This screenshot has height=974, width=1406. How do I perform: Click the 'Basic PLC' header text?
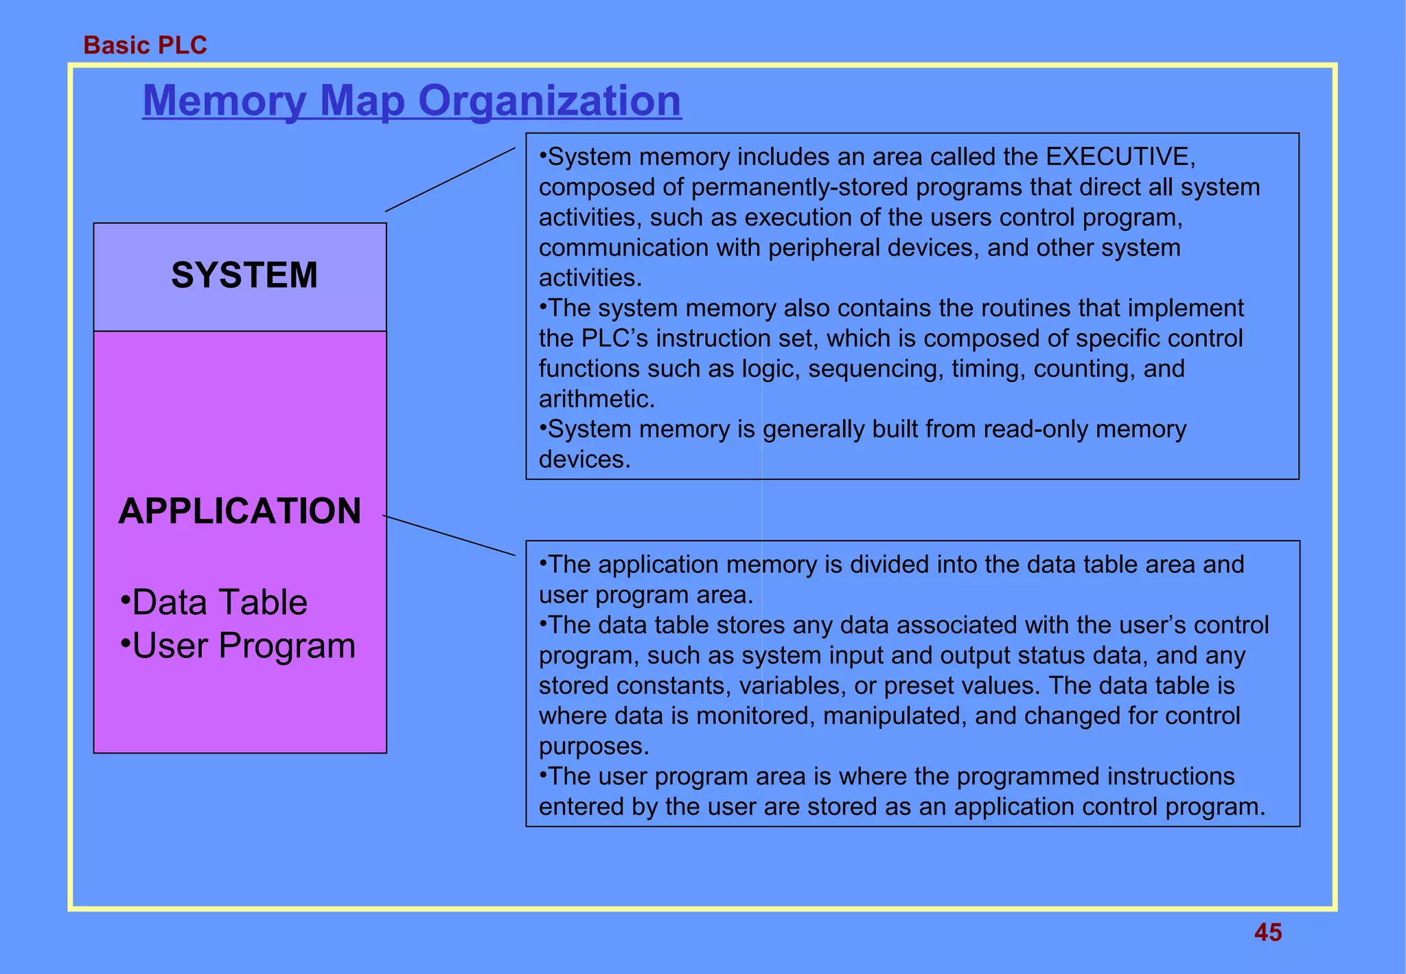(145, 45)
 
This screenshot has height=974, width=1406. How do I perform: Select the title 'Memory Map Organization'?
(412, 100)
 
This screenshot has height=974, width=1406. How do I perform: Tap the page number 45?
(1267, 932)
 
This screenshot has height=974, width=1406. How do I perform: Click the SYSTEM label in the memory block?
(244, 275)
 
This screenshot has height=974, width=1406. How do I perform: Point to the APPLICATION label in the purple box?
(240, 511)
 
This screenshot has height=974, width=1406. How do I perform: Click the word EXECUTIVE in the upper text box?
(1120, 157)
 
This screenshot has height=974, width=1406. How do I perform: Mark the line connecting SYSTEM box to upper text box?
(450, 179)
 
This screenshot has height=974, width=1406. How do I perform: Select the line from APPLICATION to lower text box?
(448, 535)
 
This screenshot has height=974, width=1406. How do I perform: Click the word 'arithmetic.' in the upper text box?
(597, 399)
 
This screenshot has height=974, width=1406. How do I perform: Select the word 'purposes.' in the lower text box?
(594, 746)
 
